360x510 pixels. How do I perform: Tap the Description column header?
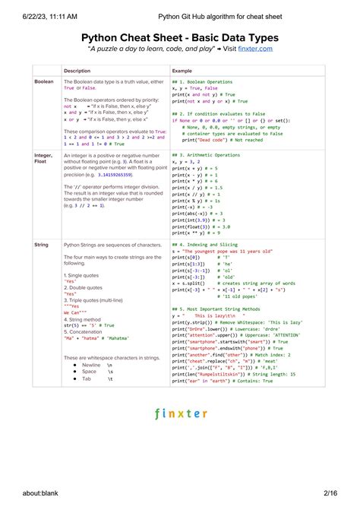point(77,70)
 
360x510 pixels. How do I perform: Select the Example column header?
point(183,70)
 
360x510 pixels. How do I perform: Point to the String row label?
point(40,245)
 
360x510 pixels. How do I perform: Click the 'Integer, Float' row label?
point(43,159)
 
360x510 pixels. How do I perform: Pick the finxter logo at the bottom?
point(179,415)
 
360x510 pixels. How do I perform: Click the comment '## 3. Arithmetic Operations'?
point(205,156)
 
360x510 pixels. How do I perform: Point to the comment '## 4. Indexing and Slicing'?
point(205,245)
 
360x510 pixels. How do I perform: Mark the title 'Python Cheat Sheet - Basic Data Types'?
point(179,37)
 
